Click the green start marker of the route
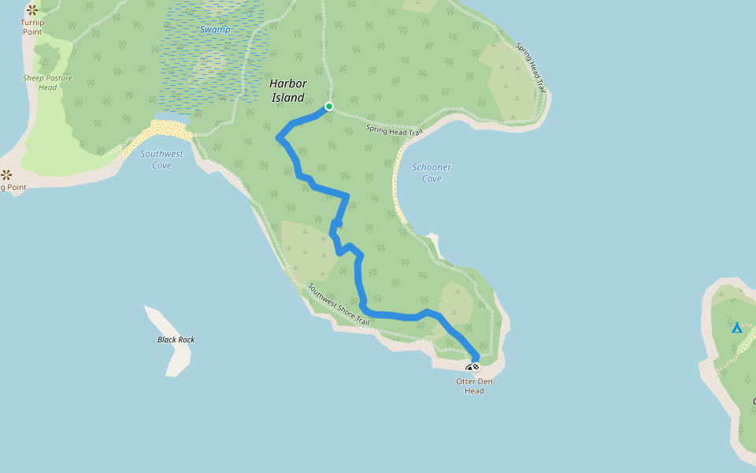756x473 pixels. tap(329, 106)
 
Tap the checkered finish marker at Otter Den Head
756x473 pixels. tap(476, 367)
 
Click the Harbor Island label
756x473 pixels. tap(288, 91)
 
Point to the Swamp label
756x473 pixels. tap(215, 30)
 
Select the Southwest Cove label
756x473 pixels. tap(161, 159)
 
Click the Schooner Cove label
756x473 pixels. tap(432, 173)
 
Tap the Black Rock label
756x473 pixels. tap(176, 340)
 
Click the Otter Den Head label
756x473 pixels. tap(474, 386)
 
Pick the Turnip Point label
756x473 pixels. tap(32, 27)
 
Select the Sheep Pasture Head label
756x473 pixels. tap(47, 82)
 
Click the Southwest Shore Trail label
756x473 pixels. tap(338, 304)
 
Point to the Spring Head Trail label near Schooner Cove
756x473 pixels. tap(394, 130)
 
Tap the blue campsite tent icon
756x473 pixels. tap(736, 327)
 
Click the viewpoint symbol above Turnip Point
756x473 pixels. tap(31, 10)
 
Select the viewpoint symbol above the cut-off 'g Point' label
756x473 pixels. tap(6, 174)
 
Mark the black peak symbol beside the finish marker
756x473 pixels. tap(469, 368)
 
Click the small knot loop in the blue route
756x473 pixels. tap(337, 225)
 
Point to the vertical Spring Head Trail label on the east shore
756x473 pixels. tap(531, 67)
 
